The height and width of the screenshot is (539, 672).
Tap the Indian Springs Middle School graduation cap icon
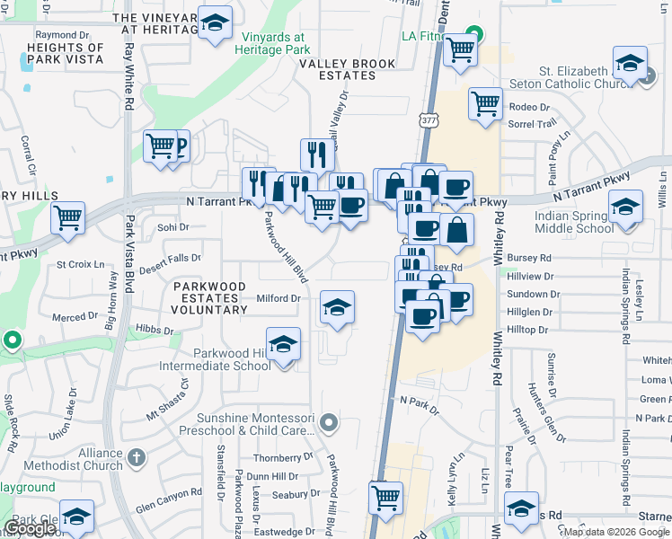(x=626, y=208)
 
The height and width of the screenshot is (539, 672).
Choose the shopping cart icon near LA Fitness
(x=461, y=50)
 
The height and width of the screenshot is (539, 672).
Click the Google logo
(x=29, y=528)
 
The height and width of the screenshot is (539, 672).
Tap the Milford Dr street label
(x=278, y=298)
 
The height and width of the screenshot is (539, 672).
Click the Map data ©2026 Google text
(x=616, y=532)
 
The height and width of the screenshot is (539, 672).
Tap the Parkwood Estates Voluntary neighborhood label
(x=210, y=297)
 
